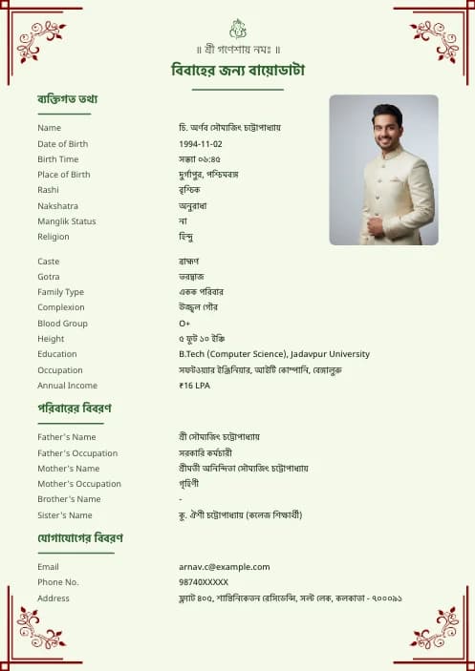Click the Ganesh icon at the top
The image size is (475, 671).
pos(238,29)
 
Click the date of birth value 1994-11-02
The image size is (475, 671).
pos(201,143)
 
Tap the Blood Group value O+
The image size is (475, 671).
pos(184,324)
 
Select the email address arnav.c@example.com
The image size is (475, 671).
pos(224,567)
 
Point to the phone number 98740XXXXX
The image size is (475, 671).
pos(204,582)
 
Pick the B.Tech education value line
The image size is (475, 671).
pos(273,354)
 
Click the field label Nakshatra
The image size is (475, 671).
pos(57,206)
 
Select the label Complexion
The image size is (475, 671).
pos(61,307)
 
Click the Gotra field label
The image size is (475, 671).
pos(49,277)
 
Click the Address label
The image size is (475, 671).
pos(54,598)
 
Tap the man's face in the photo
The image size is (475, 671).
pos(387,126)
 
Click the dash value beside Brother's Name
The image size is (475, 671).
pos(181,499)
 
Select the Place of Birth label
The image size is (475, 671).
pos(64,175)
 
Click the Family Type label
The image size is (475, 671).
pos(61,292)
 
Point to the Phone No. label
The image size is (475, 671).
pos(58,582)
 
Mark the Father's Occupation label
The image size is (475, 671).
pos(77,453)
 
